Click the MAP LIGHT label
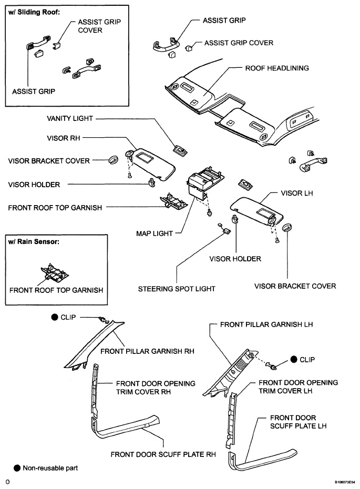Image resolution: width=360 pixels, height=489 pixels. tap(155, 233)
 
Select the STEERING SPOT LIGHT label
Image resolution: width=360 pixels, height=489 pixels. tap(177, 289)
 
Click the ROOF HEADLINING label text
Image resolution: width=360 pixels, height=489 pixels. tap(277, 68)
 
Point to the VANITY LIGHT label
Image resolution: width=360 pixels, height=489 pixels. tap(70, 118)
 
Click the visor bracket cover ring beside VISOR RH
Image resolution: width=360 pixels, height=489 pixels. tap(114, 160)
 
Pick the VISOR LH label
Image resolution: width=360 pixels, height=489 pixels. tap(297, 193)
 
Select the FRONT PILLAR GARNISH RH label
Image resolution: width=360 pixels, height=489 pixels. tap(147, 351)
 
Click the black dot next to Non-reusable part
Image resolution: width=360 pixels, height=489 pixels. tap(17, 468)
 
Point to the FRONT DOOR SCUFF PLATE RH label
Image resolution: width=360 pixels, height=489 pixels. tap(163, 455)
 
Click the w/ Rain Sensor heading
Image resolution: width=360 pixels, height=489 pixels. tap(34, 242)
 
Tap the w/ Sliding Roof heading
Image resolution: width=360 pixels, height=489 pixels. tap(34, 13)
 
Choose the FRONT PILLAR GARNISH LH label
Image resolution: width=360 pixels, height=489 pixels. tap(266, 324)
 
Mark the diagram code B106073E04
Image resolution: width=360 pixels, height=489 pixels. tap(345, 482)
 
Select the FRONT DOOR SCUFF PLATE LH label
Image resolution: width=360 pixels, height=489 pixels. tap(299, 422)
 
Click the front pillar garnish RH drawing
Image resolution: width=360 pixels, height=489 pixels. tap(94, 343)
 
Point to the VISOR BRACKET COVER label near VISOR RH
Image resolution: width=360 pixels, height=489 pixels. tap(49, 161)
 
